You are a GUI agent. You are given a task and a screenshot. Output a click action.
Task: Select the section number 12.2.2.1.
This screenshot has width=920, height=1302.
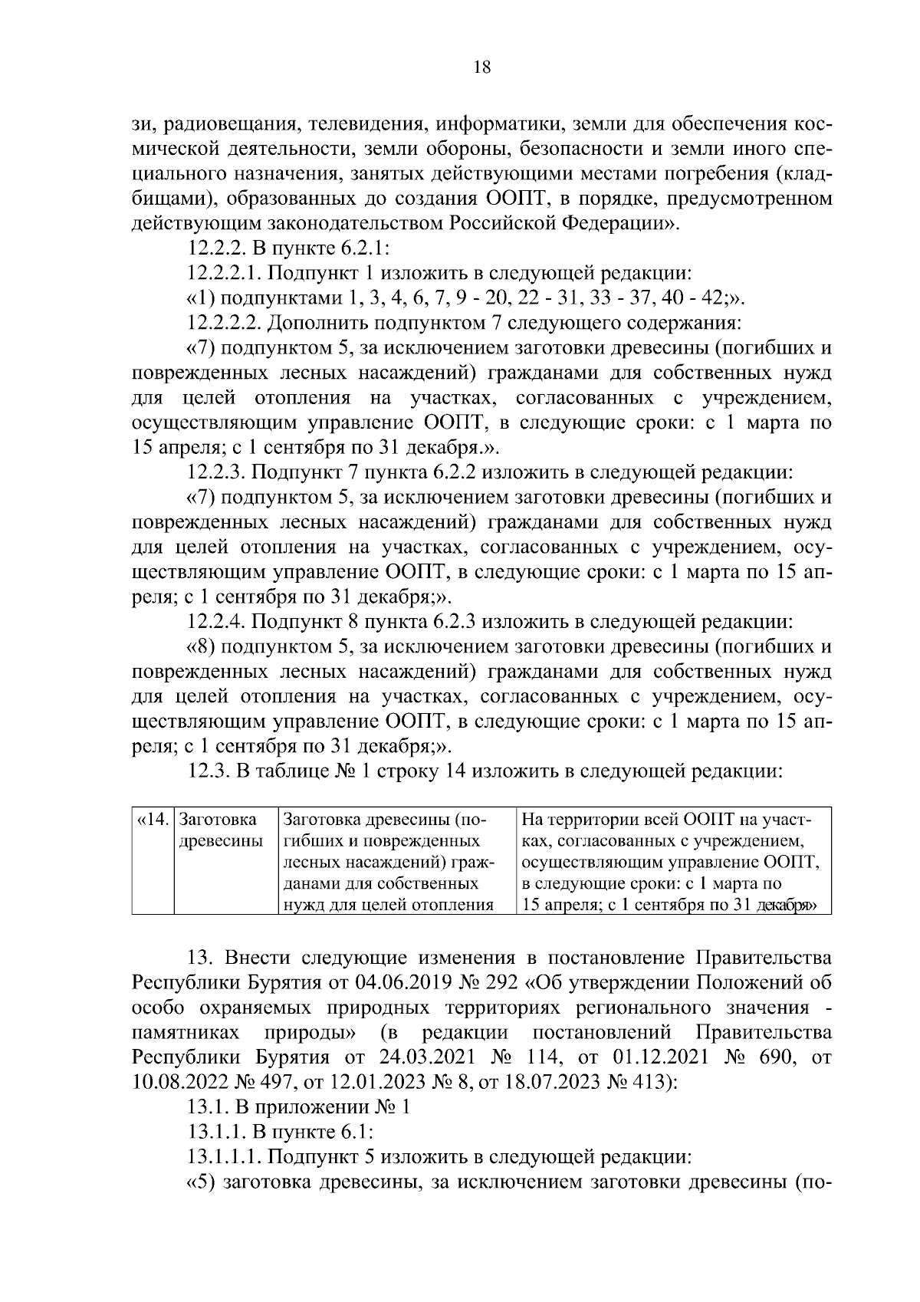coord(223,274)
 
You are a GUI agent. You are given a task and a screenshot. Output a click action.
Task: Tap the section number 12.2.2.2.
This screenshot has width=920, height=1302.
coord(223,324)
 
